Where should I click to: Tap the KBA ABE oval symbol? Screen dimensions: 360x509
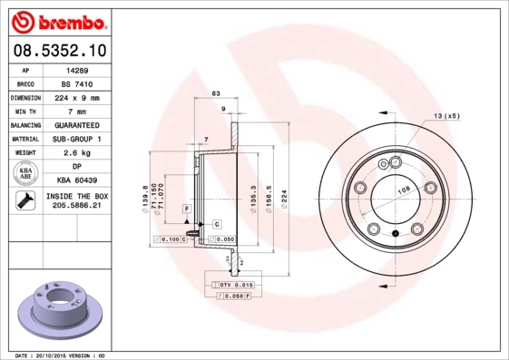click(x=24, y=173)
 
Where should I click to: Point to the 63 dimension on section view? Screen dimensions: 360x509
click(x=216, y=93)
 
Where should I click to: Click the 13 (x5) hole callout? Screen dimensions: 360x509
click(x=445, y=116)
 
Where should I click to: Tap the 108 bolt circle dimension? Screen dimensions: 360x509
click(x=403, y=190)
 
